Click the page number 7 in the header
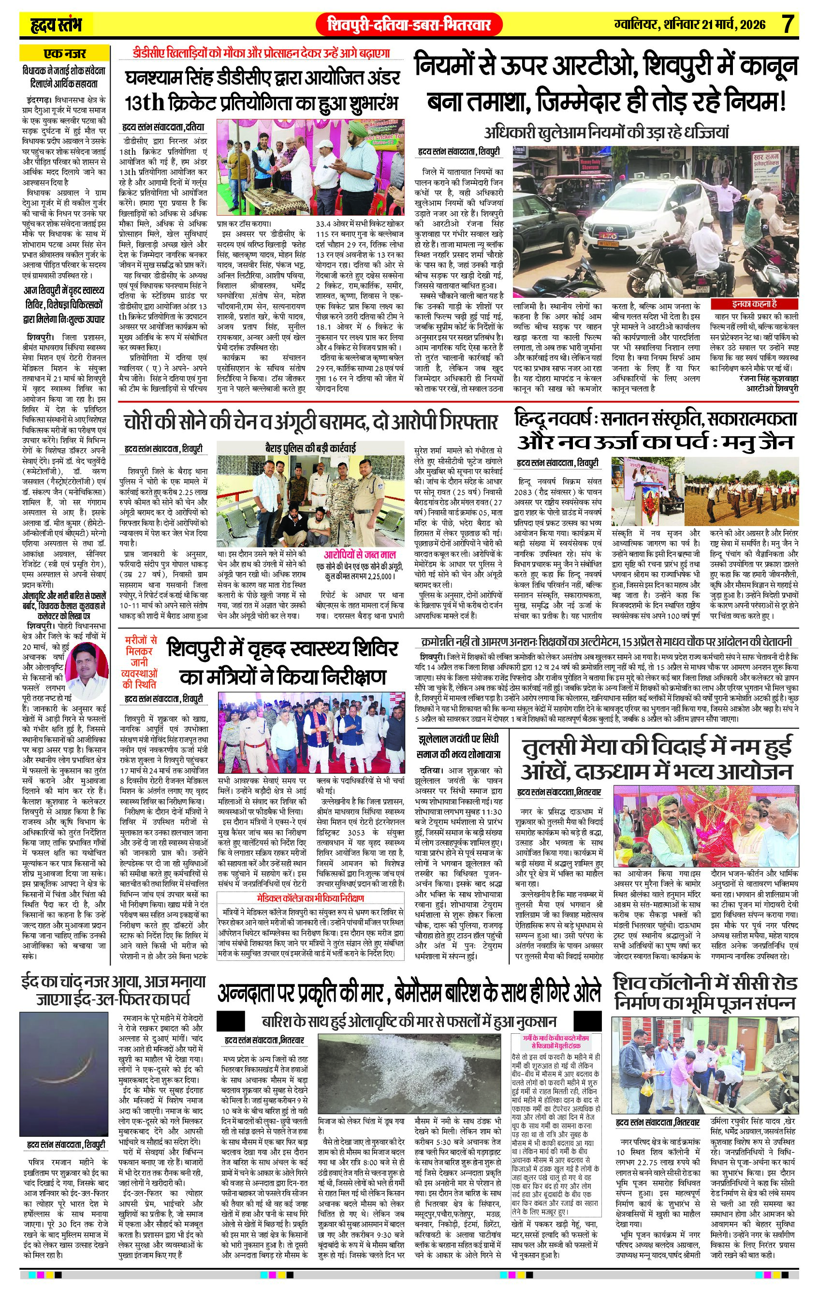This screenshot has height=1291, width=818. [x=787, y=25]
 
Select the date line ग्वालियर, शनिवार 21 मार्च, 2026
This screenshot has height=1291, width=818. [x=690, y=25]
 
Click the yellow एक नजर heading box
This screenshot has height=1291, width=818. [x=64, y=53]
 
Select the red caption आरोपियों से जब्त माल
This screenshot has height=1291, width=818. [x=360, y=555]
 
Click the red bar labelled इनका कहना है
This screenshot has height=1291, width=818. [x=754, y=304]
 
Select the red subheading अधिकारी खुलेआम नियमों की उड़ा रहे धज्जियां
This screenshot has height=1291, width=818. [x=606, y=132]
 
